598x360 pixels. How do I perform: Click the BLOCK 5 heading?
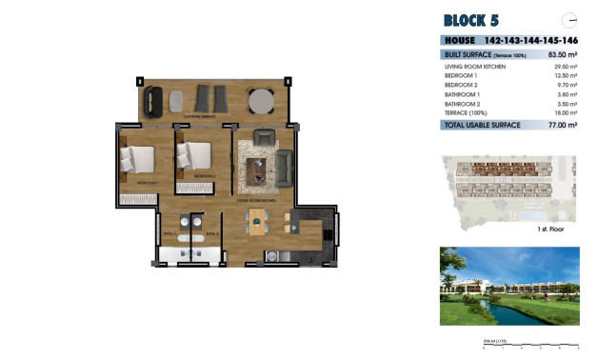pos(470,20)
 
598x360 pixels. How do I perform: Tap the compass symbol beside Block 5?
pos(570,19)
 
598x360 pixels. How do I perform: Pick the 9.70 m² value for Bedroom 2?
pos(568,86)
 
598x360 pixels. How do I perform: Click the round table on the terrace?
pos(261,99)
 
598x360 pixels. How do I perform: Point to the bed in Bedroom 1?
pos(137,157)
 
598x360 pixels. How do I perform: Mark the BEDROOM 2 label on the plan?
pos(203,177)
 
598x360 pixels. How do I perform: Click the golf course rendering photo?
pos(509,286)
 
